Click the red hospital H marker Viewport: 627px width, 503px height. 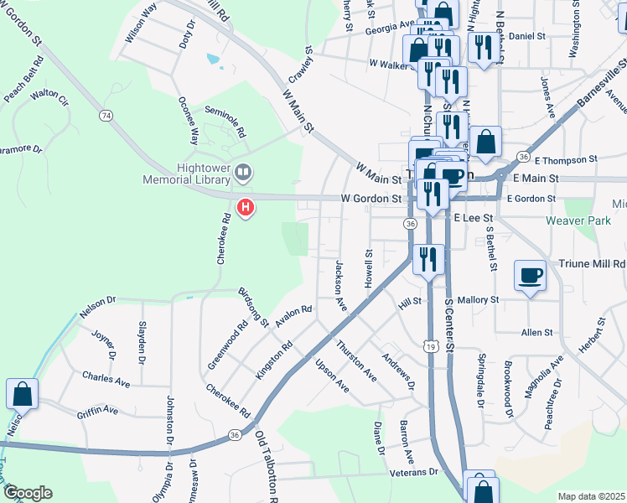(246, 205)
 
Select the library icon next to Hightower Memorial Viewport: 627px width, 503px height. (243, 173)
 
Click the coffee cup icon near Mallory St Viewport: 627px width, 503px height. (531, 276)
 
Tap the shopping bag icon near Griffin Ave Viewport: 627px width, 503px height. (22, 393)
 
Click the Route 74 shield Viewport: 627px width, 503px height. (106, 115)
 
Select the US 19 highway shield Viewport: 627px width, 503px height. (430, 346)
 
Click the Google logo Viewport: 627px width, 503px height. (28, 493)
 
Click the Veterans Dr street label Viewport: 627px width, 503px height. (413, 473)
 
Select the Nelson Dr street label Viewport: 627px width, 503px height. (97, 306)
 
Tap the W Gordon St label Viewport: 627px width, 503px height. (371, 200)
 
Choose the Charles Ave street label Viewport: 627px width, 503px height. (106, 379)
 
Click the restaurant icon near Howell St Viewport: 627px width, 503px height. (428, 259)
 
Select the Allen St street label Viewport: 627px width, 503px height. (537, 333)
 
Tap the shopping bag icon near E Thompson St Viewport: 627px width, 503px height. (485, 142)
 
